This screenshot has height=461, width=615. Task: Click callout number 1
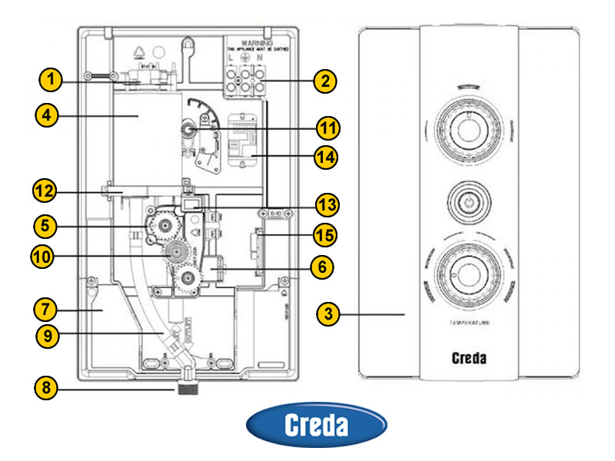[x=50, y=79]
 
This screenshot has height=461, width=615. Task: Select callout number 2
[x=326, y=79]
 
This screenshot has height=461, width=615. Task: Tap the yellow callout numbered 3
[x=328, y=313]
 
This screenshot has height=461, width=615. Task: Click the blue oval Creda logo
[x=316, y=426]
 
